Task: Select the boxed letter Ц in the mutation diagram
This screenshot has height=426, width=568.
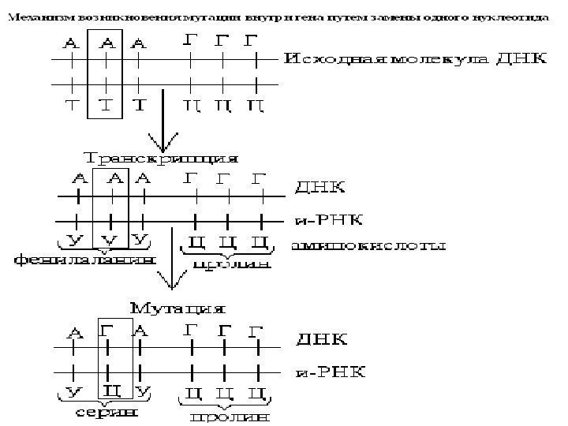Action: [x=110, y=391]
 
